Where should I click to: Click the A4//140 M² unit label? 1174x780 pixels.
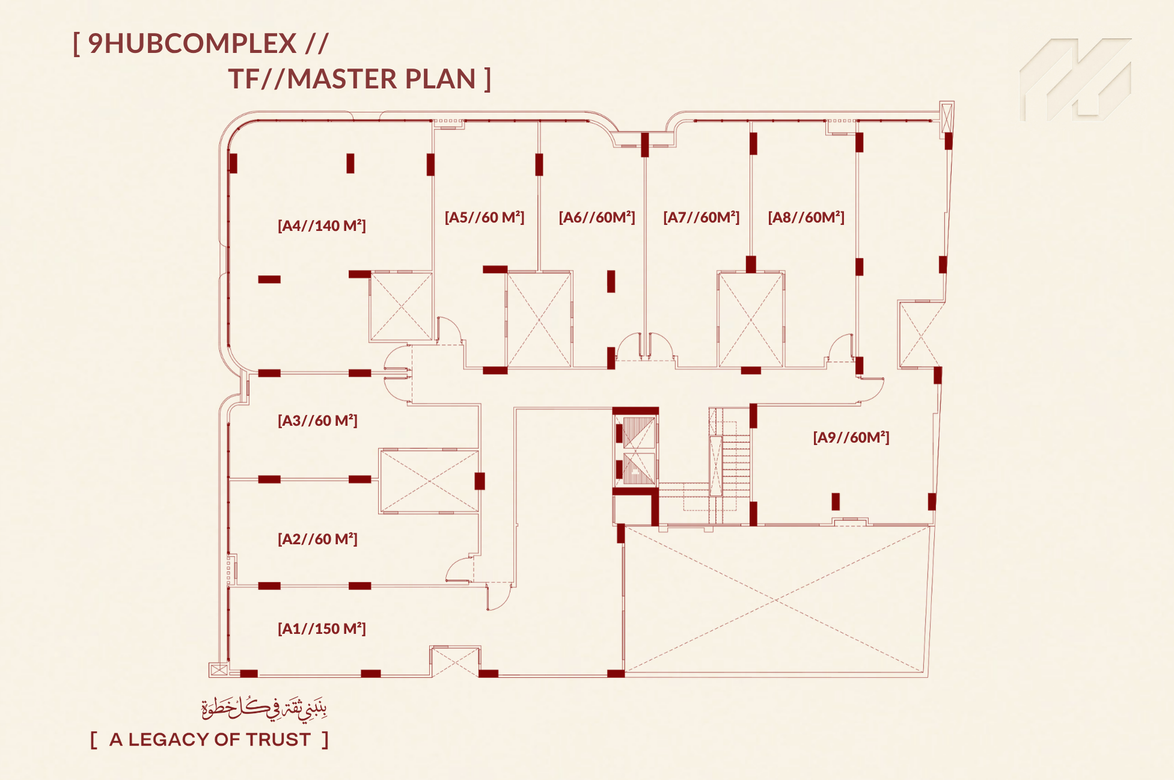pyautogui.click(x=322, y=226)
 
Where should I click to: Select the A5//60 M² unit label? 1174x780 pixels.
pyautogui.click(x=485, y=217)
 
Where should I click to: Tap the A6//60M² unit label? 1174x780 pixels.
pyautogui.click(x=597, y=217)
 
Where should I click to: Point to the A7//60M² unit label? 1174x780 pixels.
pyautogui.click(x=702, y=217)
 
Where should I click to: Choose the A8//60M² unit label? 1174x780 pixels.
pyautogui.click(x=806, y=217)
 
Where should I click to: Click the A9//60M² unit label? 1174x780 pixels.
pyautogui.click(x=851, y=437)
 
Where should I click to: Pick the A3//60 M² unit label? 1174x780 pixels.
pyautogui.click(x=317, y=420)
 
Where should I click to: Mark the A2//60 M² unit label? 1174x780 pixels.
pyautogui.click(x=317, y=539)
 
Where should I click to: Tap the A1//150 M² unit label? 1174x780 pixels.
pyautogui.click(x=322, y=628)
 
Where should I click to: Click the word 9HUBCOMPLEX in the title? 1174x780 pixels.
pyautogui.click(x=192, y=43)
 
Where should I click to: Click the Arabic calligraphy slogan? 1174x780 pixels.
pyautogui.click(x=264, y=708)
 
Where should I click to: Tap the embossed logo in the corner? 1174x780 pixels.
pyautogui.click(x=1075, y=79)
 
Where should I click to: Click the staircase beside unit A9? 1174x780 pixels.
pyautogui.click(x=729, y=466)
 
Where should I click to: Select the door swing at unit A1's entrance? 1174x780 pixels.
pyautogui.click(x=499, y=597)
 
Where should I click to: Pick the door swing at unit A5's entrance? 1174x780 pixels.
pyautogui.click(x=449, y=331)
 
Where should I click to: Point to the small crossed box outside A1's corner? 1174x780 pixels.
pyautogui.click(x=218, y=669)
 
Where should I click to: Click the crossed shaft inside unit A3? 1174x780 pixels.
pyautogui.click(x=429, y=481)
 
